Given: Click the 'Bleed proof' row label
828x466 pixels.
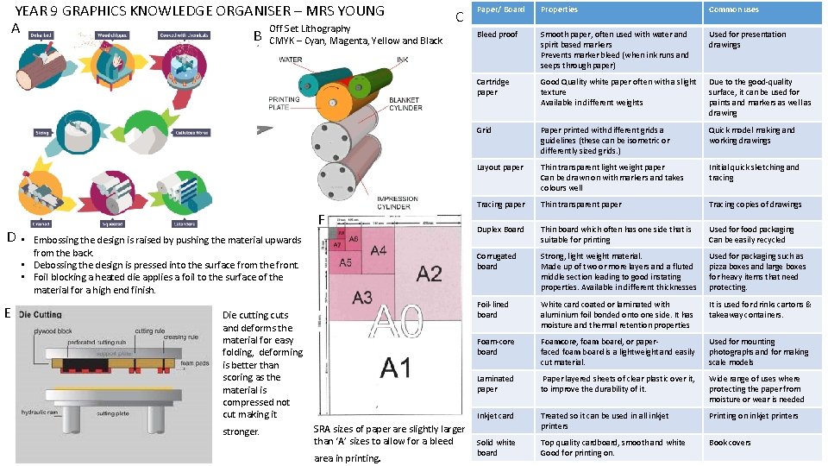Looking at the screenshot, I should tap(497, 35).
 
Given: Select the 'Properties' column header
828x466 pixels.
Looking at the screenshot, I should tap(559, 9).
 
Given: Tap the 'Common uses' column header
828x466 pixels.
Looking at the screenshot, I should tap(733, 9).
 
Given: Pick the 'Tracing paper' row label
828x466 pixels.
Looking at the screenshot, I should tap(500, 205).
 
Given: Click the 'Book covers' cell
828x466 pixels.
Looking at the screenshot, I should tap(730, 443).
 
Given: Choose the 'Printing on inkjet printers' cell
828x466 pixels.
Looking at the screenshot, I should tap(754, 416).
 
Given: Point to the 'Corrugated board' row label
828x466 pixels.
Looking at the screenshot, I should tap(497, 261).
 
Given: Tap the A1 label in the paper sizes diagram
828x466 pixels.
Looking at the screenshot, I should tap(396, 368).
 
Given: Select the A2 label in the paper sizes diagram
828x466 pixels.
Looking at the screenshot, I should tap(428, 274).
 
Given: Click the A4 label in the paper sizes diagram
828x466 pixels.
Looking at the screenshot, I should tap(378, 251).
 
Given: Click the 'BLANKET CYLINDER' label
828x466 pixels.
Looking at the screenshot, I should tap(405, 104).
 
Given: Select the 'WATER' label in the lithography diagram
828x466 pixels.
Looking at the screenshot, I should tap(291, 59).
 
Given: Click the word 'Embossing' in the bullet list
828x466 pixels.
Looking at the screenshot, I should tap(57, 240).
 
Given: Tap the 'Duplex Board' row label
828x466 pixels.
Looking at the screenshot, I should tap(500, 230).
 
